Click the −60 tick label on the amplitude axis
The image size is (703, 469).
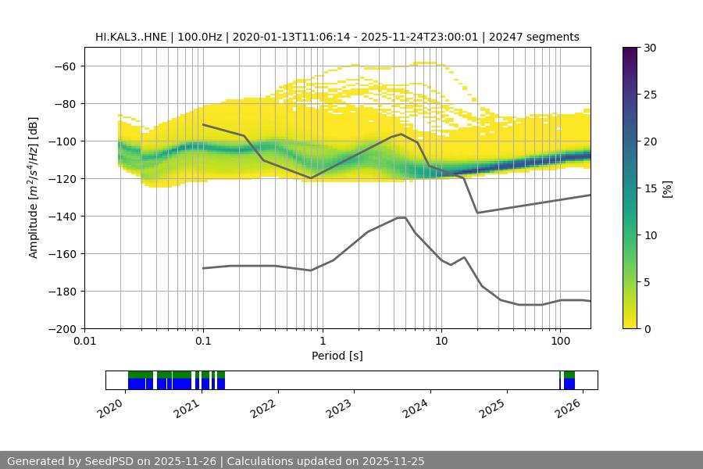65,66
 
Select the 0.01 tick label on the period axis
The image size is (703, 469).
84,341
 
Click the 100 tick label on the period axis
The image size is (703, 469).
560,341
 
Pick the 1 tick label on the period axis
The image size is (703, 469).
322,341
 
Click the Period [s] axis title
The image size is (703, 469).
337,356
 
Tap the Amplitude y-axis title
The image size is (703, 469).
34,188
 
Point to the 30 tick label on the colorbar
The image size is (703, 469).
649,48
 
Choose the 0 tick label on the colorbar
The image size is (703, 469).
646,328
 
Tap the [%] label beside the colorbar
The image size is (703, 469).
667,188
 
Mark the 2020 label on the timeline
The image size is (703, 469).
111,407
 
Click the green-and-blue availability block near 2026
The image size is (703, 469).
569,380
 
